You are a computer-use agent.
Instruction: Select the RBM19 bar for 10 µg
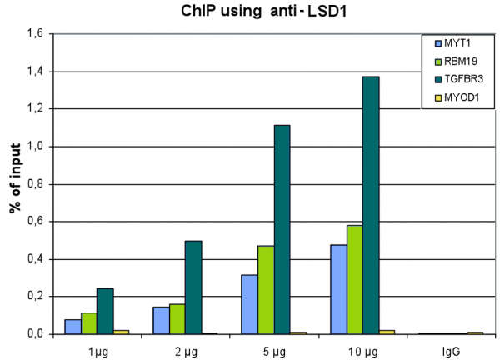[x=355, y=279]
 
